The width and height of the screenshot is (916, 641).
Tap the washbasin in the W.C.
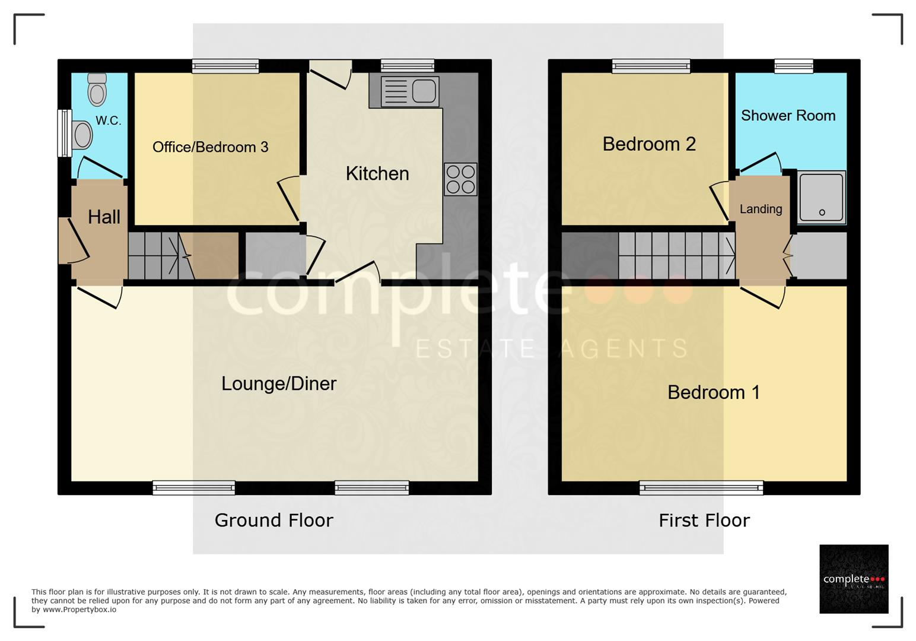point(82,135)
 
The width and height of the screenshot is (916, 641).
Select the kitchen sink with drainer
point(410,91)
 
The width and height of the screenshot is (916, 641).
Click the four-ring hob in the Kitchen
point(460,179)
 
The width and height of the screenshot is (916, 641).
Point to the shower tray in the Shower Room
point(821,198)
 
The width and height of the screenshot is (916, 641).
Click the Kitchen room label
point(377,173)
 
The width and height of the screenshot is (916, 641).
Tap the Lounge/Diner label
point(279,383)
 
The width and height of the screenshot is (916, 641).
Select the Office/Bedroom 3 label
point(210,147)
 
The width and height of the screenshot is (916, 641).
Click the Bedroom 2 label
point(649,144)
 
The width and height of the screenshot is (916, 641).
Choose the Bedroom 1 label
point(714,392)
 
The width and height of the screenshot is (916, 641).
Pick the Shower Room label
point(788,116)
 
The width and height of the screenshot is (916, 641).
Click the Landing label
point(761,209)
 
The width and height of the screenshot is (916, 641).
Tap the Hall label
point(104,217)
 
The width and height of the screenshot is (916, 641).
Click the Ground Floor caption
point(273,521)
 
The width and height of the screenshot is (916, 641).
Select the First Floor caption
point(704,521)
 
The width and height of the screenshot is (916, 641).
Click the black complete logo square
point(854,579)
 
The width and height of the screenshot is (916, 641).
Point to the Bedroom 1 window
point(701,488)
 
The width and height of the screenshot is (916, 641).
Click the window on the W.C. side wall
point(64,134)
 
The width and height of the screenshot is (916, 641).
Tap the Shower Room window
point(794,66)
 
